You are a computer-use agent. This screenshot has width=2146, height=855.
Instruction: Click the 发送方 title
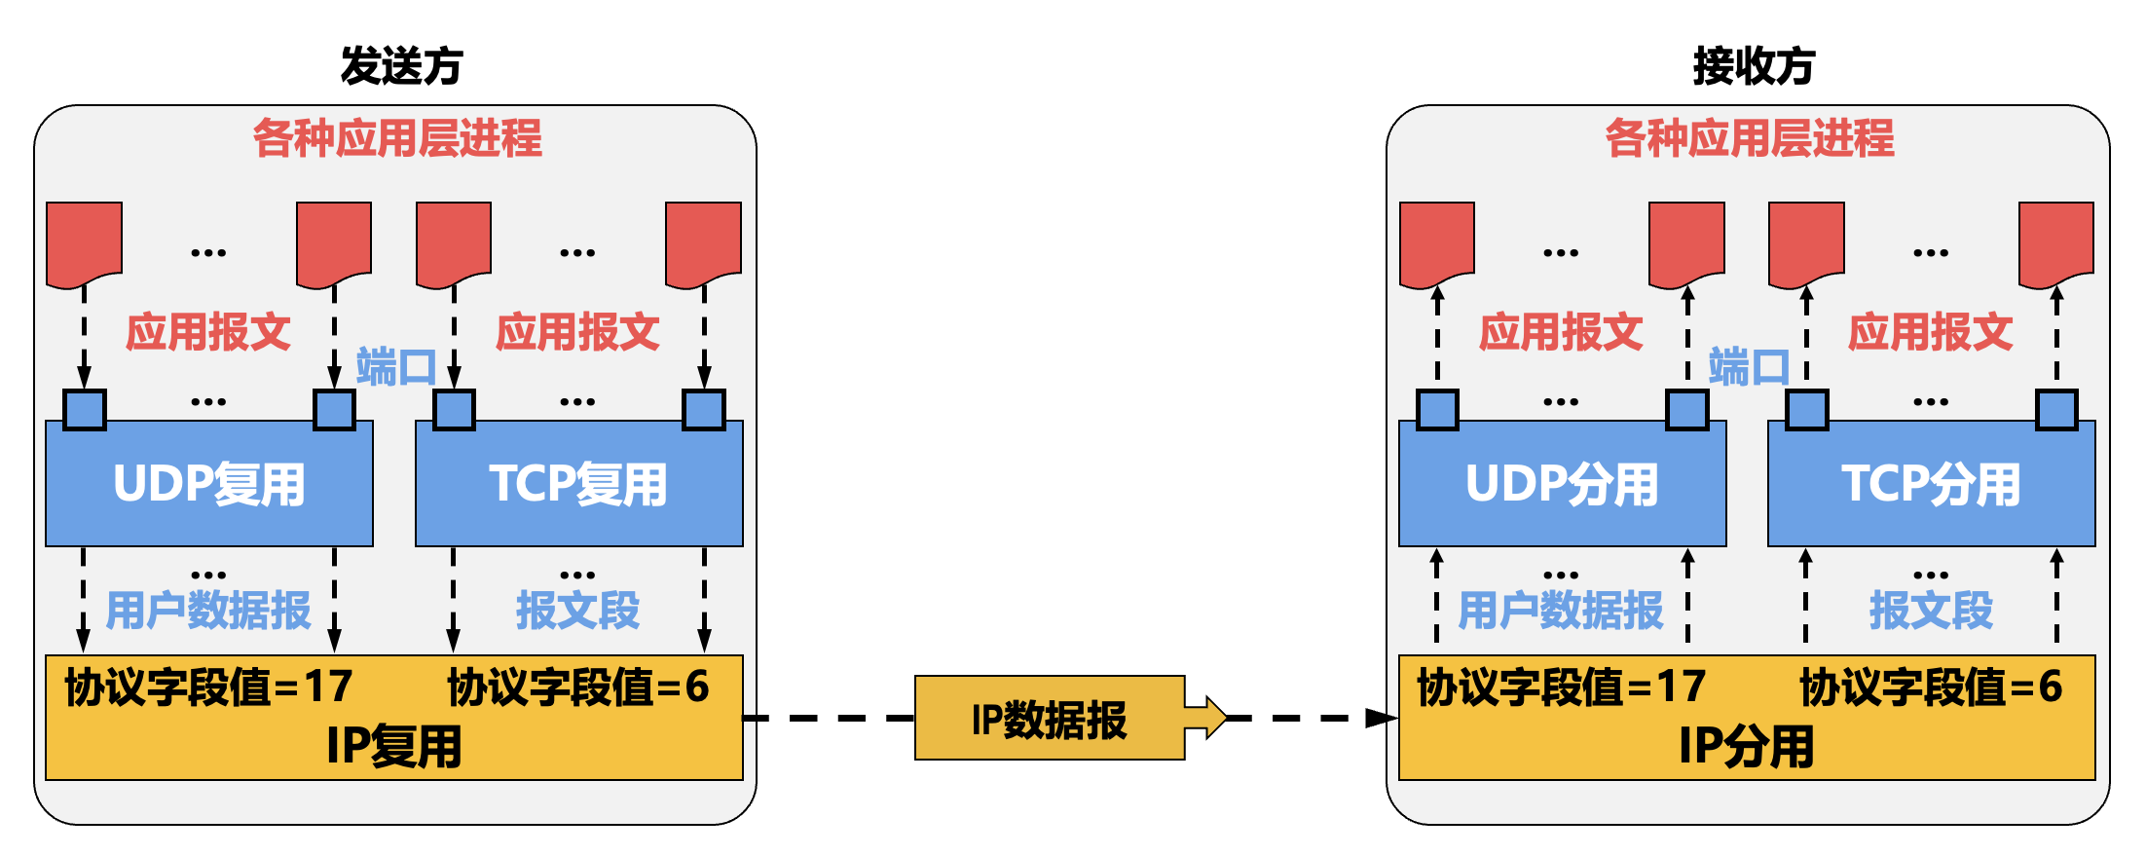(401, 66)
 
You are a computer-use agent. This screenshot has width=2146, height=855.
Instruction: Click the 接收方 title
(1754, 66)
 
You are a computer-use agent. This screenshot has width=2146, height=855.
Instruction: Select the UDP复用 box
(209, 484)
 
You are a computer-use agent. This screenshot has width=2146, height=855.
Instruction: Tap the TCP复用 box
(578, 484)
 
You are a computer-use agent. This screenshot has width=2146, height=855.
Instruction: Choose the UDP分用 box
(1562, 484)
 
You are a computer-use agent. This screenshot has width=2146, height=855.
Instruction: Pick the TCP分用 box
(1931, 484)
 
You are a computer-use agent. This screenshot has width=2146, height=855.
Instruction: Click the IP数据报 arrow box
(1050, 719)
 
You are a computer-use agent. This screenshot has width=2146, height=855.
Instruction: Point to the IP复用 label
(394, 747)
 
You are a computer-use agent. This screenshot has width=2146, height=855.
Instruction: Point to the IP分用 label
(1747, 747)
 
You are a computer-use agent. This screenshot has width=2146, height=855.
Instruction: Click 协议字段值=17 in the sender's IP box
(208, 687)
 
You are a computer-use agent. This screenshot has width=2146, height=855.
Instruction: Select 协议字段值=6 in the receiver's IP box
(1930, 687)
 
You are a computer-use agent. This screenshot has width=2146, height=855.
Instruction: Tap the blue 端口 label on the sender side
(394, 367)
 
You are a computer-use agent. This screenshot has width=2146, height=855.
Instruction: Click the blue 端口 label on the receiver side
(1748, 367)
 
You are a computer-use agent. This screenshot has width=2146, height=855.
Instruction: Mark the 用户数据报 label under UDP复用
(208, 611)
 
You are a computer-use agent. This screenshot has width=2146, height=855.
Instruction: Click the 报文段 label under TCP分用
(1931, 611)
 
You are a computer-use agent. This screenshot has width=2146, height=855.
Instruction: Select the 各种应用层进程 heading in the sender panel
(397, 138)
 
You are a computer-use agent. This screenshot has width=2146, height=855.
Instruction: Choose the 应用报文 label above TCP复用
(578, 332)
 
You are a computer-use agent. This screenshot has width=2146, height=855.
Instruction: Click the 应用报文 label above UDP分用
(1561, 332)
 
